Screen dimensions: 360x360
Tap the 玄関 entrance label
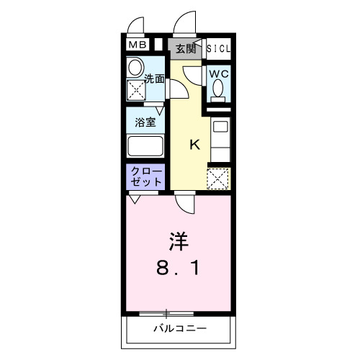(x=185, y=49)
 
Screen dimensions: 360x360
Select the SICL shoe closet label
(x=218, y=49)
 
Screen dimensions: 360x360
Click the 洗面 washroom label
(x=153, y=78)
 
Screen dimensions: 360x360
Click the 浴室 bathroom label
(x=145, y=122)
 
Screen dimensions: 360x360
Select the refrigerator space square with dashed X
(x=217, y=177)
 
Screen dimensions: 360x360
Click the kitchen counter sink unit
(x=220, y=140)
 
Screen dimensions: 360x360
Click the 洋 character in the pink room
(x=180, y=239)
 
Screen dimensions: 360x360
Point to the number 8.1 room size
(x=180, y=269)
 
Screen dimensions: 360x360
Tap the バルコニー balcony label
(x=179, y=329)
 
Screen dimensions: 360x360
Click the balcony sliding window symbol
(x=166, y=313)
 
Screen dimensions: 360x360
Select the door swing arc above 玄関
(x=186, y=22)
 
